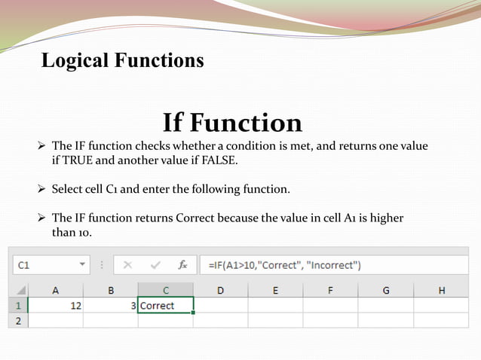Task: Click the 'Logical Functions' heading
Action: (x=122, y=60)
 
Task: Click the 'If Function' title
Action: (x=232, y=122)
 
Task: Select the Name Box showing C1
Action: (x=45, y=265)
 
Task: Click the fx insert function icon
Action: (x=182, y=265)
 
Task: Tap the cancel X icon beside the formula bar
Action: (x=128, y=265)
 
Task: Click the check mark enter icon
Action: (x=155, y=265)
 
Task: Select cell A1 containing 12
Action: (x=56, y=306)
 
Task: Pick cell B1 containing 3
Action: (x=111, y=306)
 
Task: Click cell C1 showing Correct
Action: (x=166, y=306)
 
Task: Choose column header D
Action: (x=220, y=290)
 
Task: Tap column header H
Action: (x=441, y=290)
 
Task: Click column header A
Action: (x=56, y=290)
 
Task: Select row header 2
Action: (x=17, y=320)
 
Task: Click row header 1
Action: (x=17, y=306)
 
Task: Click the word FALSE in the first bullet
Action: (x=219, y=160)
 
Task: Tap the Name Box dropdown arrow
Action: (x=83, y=265)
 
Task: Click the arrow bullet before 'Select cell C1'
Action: (x=42, y=189)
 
